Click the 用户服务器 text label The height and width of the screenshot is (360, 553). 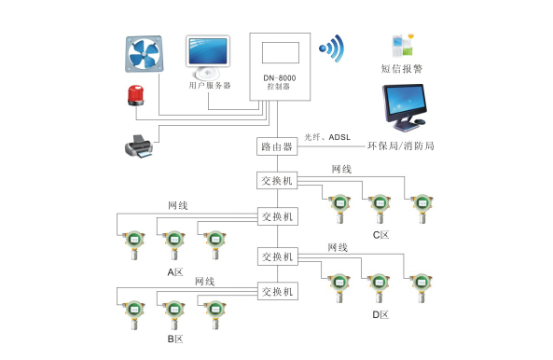tap(209, 85)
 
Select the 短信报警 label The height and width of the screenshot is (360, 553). tap(402, 68)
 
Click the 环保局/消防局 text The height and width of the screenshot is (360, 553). tap(401, 146)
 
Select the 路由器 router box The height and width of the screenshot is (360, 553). tap(277, 146)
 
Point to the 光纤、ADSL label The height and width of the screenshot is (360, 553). tap(327, 137)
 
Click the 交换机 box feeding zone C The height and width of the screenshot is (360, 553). tap(277, 181)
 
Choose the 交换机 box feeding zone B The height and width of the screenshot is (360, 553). tap(277, 292)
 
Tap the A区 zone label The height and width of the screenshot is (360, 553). tap(174, 272)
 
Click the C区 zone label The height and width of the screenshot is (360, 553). tap(380, 235)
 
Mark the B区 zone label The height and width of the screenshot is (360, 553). tap(175, 339)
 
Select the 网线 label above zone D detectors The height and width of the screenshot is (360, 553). tap(338, 247)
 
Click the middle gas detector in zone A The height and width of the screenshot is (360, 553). tap(173, 245)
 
